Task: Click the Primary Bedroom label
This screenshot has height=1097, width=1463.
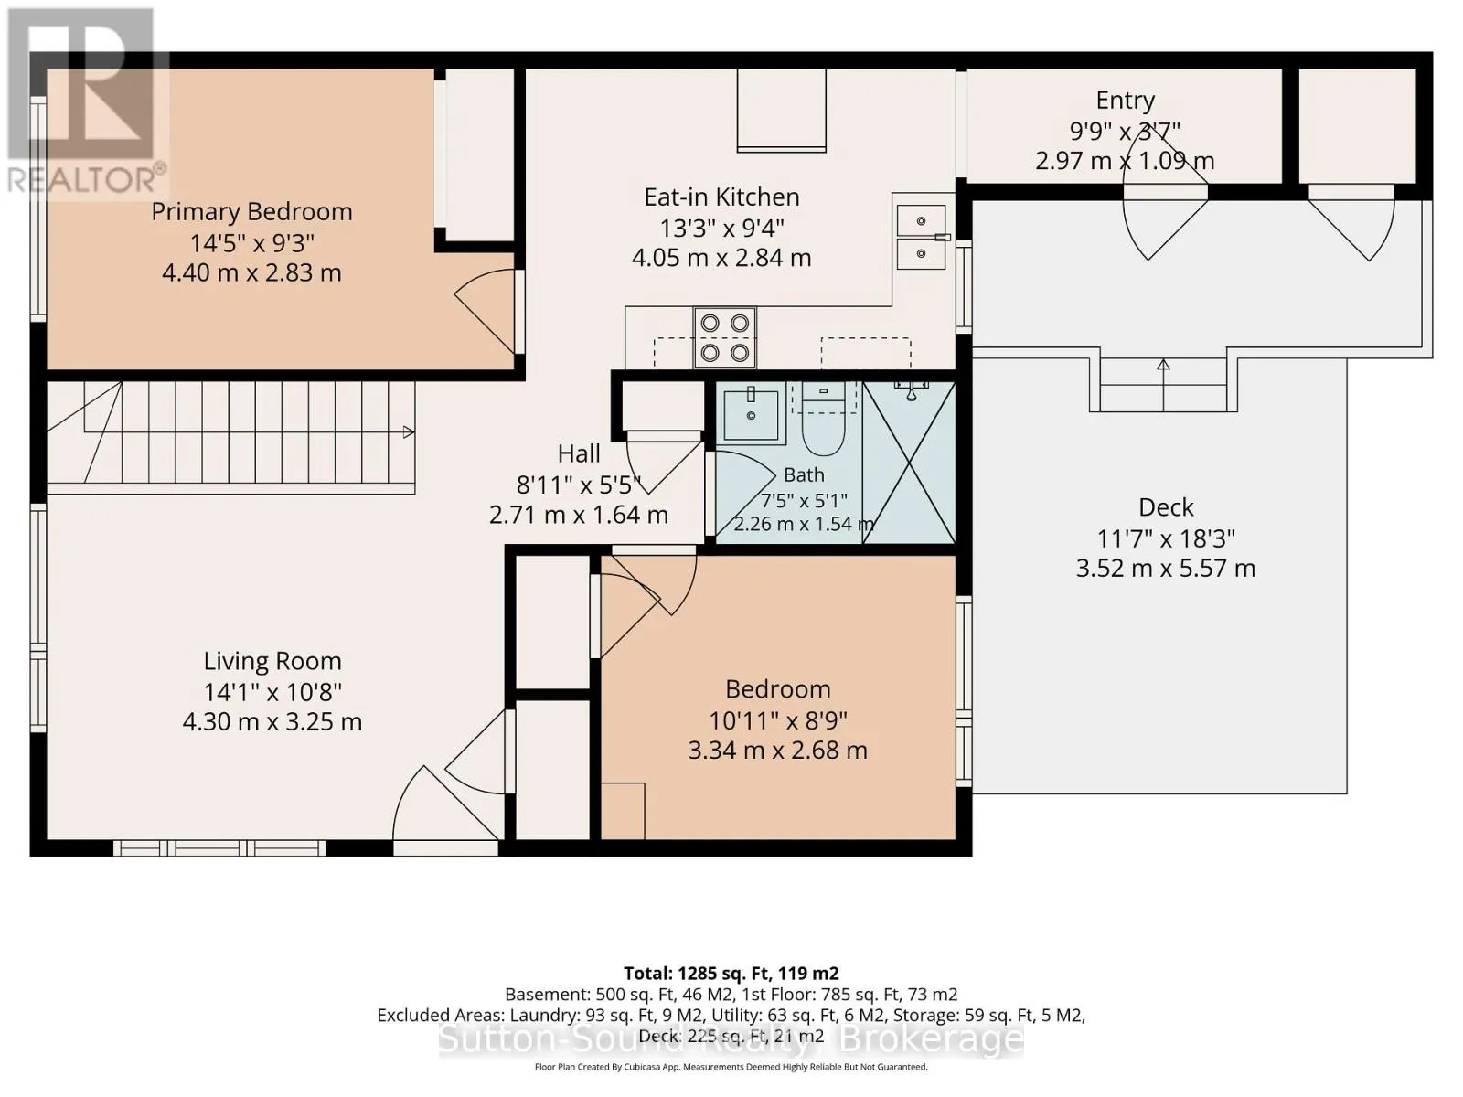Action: [251, 212]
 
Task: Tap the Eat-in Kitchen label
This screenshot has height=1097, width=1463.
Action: [721, 197]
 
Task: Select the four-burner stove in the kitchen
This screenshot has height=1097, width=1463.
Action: [724, 337]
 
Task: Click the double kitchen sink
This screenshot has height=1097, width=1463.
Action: [921, 237]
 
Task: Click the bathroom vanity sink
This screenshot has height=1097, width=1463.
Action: [752, 415]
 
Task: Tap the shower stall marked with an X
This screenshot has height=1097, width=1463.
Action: [909, 463]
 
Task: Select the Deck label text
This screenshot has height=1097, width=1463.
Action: [1166, 507]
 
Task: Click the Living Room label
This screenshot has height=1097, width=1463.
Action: [272, 661]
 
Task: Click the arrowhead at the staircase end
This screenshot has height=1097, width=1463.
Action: [410, 433]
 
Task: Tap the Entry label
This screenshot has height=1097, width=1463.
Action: [1125, 101]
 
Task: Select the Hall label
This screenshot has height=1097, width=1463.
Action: [579, 454]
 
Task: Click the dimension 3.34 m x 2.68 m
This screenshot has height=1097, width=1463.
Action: [778, 751]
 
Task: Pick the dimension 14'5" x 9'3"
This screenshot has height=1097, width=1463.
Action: [252, 243]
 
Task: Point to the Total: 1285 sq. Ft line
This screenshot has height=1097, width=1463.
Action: [731, 973]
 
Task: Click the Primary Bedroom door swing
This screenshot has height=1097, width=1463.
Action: [486, 311]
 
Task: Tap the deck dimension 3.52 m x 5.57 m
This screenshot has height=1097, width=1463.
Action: [1166, 568]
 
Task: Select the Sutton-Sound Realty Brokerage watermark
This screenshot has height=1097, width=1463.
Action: [731, 1039]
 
